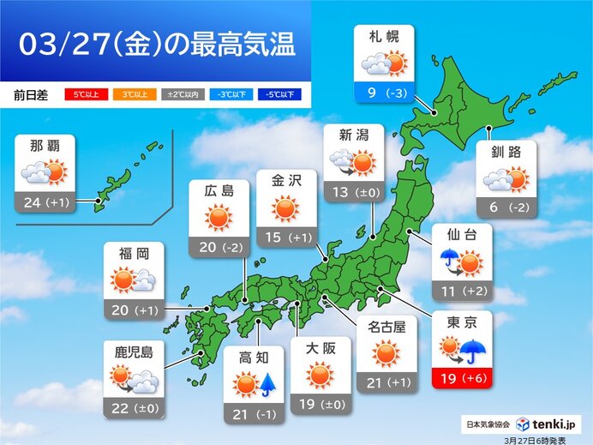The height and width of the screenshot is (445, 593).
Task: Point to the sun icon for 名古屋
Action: click(386, 352)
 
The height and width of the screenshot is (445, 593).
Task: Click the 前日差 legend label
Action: click(31, 94)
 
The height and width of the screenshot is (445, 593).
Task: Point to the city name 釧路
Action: click(506, 153)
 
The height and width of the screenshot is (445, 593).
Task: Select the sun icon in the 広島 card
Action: click(219, 219)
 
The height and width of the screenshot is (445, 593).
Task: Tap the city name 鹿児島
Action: click(133, 351)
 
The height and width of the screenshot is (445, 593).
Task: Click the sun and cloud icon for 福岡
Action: click(134, 280)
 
